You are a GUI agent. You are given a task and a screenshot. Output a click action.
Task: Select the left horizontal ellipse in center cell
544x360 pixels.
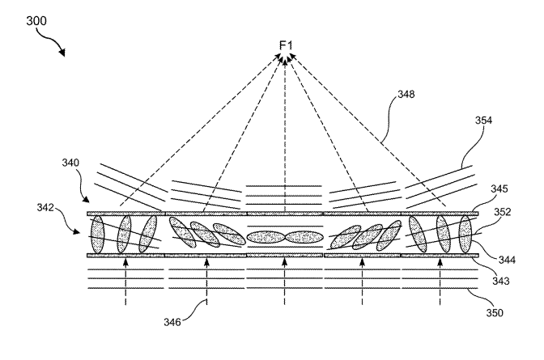pos(266,238)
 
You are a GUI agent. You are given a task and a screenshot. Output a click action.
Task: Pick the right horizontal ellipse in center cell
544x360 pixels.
pos(304,238)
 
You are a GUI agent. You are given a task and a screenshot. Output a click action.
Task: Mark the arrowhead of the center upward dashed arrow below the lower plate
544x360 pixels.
pos(285,261)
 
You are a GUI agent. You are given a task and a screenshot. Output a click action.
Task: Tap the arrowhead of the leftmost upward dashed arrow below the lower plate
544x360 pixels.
pos(126,261)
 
